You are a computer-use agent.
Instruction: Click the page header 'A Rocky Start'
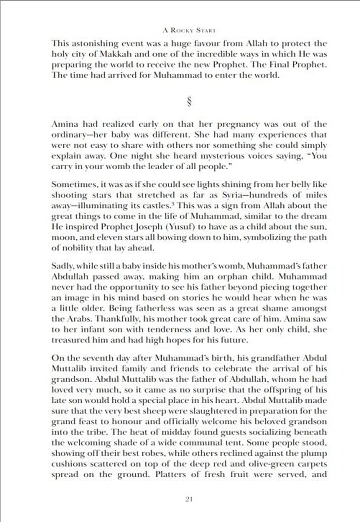click(x=189, y=30)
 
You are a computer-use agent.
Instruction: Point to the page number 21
click(x=189, y=499)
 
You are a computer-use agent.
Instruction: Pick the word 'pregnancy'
click(x=238, y=124)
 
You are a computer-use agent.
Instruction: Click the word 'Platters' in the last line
click(x=170, y=474)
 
